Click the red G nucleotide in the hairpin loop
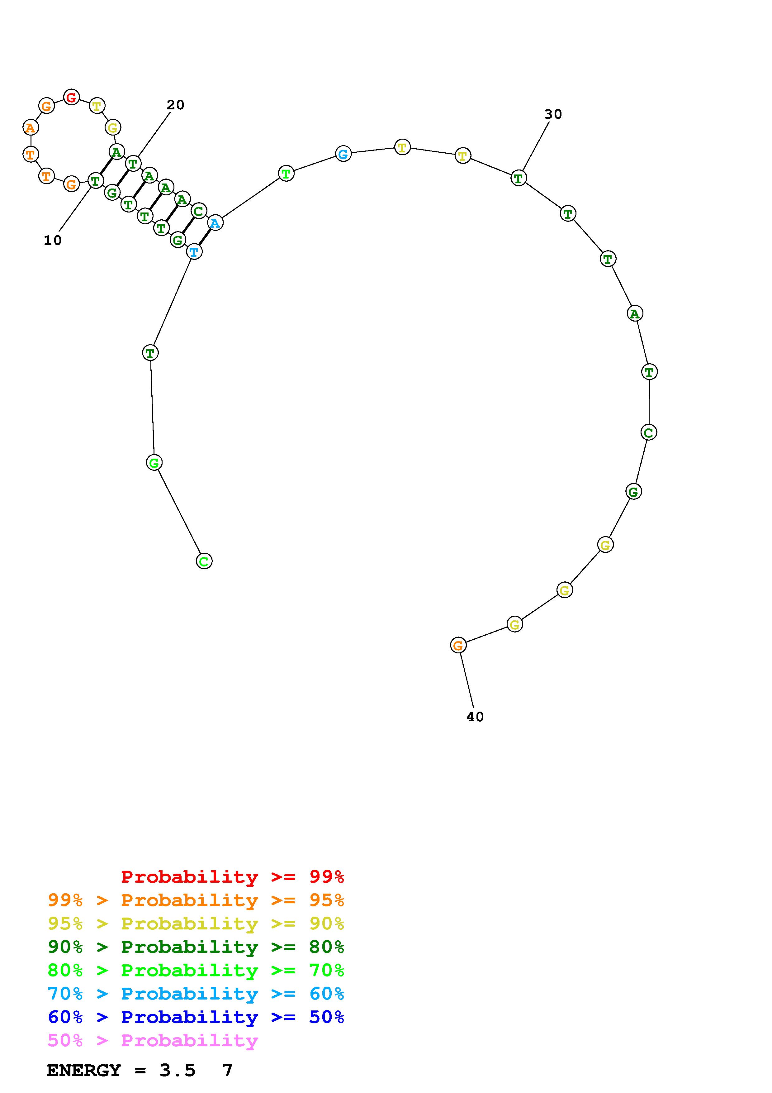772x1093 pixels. click(x=71, y=97)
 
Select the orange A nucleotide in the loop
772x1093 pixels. click(x=31, y=127)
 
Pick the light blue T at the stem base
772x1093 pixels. click(x=194, y=251)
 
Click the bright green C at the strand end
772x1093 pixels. click(x=204, y=561)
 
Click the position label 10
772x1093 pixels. click(x=53, y=241)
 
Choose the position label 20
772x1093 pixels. click(x=176, y=105)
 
